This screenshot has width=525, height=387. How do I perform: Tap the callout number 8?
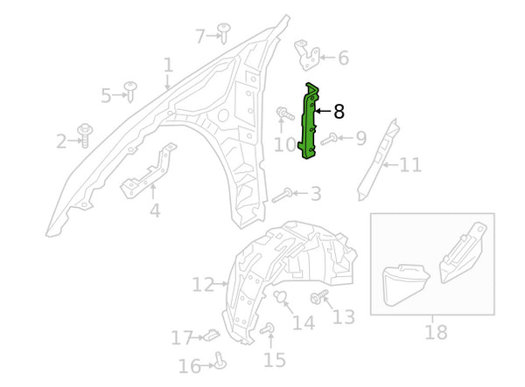[339, 112]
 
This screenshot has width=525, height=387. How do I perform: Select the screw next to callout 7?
[224, 33]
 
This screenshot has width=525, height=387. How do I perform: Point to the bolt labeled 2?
[85, 135]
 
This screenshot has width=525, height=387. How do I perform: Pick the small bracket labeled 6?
[307, 55]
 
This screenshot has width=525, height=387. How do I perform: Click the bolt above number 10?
[285, 114]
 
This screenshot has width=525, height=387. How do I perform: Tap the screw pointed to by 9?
[329, 139]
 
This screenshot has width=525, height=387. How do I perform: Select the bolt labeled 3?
[282, 196]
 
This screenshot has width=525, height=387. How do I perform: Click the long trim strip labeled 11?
[379, 160]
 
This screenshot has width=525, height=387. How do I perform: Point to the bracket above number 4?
[150, 171]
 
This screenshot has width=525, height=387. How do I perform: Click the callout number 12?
[203, 285]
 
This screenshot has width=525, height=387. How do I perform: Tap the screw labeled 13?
[319, 296]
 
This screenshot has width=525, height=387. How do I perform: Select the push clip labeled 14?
[280, 297]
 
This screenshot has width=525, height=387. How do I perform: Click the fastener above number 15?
[268, 328]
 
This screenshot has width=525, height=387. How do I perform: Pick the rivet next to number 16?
[220, 360]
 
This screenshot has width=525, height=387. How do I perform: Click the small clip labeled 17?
[212, 335]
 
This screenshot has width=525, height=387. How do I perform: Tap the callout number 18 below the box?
[436, 332]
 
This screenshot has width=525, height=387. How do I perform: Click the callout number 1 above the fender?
[168, 66]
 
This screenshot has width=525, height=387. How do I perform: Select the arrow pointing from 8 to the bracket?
[324, 111]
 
